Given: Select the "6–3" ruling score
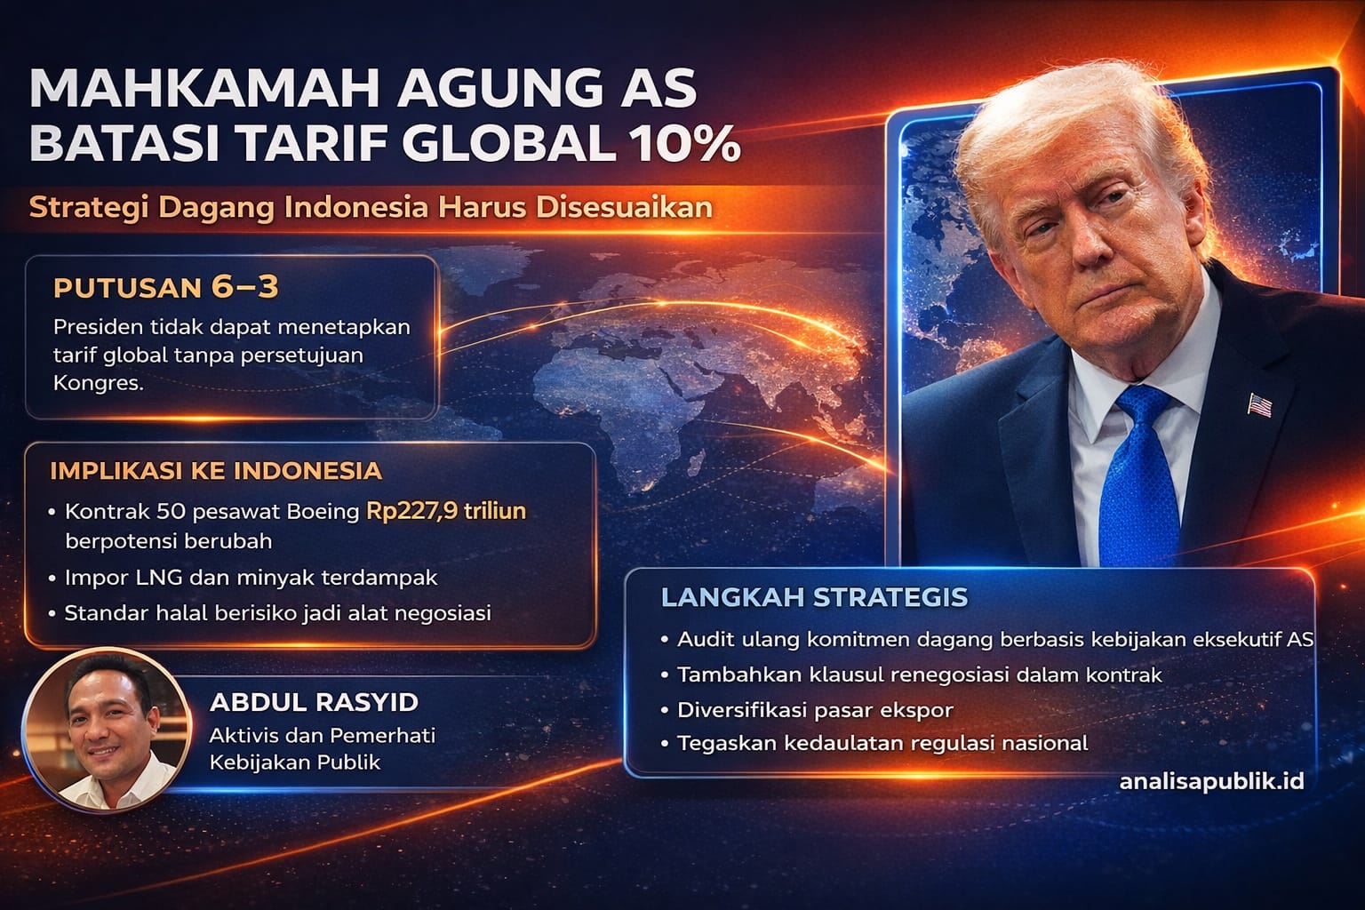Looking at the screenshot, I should [244, 287].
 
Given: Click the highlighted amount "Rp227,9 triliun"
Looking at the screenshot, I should [446, 511].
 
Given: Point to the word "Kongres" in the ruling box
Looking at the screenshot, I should [97, 384].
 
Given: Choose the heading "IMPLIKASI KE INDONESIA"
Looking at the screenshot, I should [216, 470].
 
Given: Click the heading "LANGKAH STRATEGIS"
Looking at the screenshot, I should [814, 596].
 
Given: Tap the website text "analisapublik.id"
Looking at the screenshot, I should [1211, 781].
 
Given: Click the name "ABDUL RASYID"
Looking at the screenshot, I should [314, 702].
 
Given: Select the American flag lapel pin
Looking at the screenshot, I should [1259, 404].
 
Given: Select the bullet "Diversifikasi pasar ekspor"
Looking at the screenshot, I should [814, 710].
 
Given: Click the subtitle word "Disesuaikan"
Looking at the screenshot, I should [625, 207].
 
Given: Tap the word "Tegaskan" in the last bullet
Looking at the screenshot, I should [717, 743].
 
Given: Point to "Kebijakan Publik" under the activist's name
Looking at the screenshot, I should [295, 762].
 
